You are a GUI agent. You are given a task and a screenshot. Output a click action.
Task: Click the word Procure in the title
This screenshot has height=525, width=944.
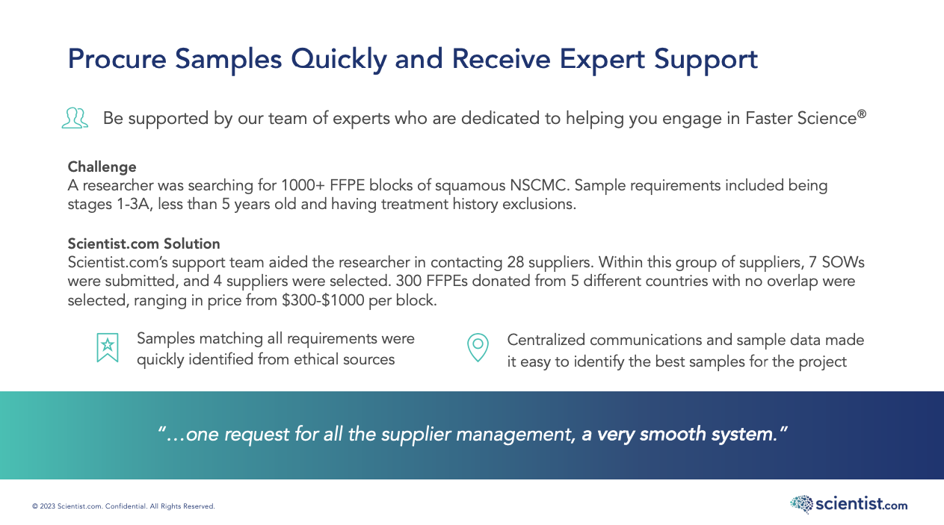click(x=117, y=59)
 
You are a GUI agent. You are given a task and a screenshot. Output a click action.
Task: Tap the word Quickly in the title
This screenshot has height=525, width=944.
click(x=339, y=60)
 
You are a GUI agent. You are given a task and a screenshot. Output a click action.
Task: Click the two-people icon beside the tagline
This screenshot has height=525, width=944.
click(x=75, y=118)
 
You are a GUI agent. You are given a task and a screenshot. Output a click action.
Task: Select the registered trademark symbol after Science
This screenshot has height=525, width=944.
click(x=861, y=114)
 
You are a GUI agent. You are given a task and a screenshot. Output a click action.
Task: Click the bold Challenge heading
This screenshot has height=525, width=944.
click(x=102, y=167)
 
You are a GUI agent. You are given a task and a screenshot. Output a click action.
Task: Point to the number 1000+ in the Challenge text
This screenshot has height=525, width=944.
click(x=303, y=185)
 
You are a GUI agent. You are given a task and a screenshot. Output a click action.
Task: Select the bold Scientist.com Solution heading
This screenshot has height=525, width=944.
click(x=144, y=243)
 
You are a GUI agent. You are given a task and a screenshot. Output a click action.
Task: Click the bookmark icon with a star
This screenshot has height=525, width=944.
click(x=108, y=348)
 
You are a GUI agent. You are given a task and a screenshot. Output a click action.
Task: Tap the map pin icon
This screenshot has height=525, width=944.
click(x=478, y=348)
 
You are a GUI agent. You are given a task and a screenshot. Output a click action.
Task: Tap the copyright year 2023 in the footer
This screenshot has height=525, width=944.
click(x=48, y=506)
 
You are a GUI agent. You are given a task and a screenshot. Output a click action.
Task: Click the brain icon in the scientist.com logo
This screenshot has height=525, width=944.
click(x=801, y=504)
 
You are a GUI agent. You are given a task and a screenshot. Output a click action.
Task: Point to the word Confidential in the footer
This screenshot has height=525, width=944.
click(x=126, y=506)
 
